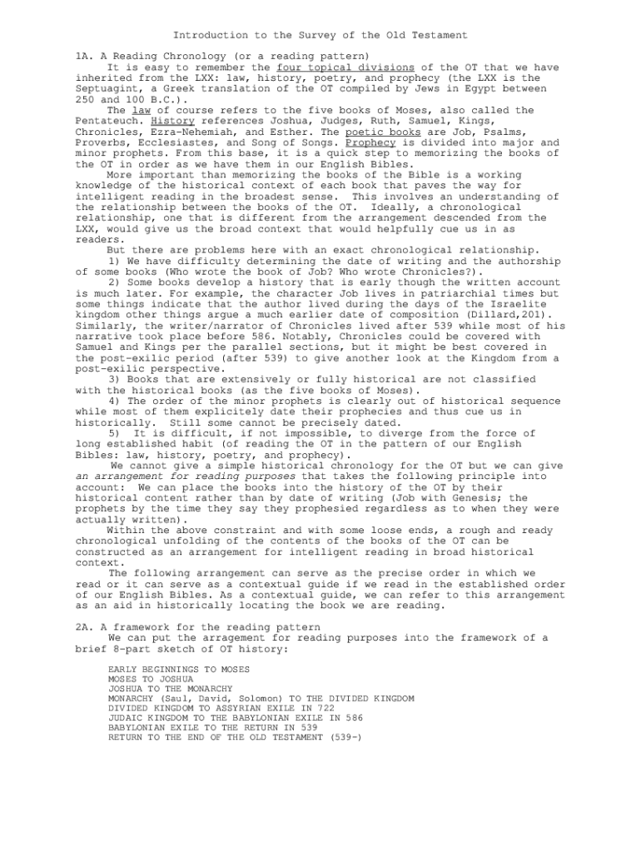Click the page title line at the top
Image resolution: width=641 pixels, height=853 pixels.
pos(320,35)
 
